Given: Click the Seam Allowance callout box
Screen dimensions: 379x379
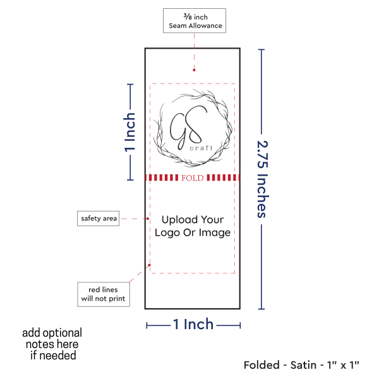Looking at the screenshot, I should (x=194, y=20).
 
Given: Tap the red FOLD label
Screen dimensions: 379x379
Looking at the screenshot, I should (x=192, y=178).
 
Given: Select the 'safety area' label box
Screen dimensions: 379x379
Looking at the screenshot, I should (x=98, y=219).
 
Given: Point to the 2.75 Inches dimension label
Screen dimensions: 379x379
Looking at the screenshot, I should (x=262, y=179).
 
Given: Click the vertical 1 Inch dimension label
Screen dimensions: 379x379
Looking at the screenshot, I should (x=129, y=133).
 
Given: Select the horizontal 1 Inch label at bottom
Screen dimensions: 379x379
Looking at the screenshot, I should (x=193, y=325).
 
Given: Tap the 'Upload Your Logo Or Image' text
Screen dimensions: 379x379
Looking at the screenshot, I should (x=193, y=226).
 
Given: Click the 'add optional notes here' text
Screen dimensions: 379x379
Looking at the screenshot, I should (x=52, y=344).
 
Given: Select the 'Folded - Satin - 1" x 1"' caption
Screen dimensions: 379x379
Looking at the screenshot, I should (x=301, y=364).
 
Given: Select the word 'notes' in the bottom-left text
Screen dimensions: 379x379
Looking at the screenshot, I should (x=40, y=344).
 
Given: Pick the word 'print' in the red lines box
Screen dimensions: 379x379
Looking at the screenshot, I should (x=116, y=298).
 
